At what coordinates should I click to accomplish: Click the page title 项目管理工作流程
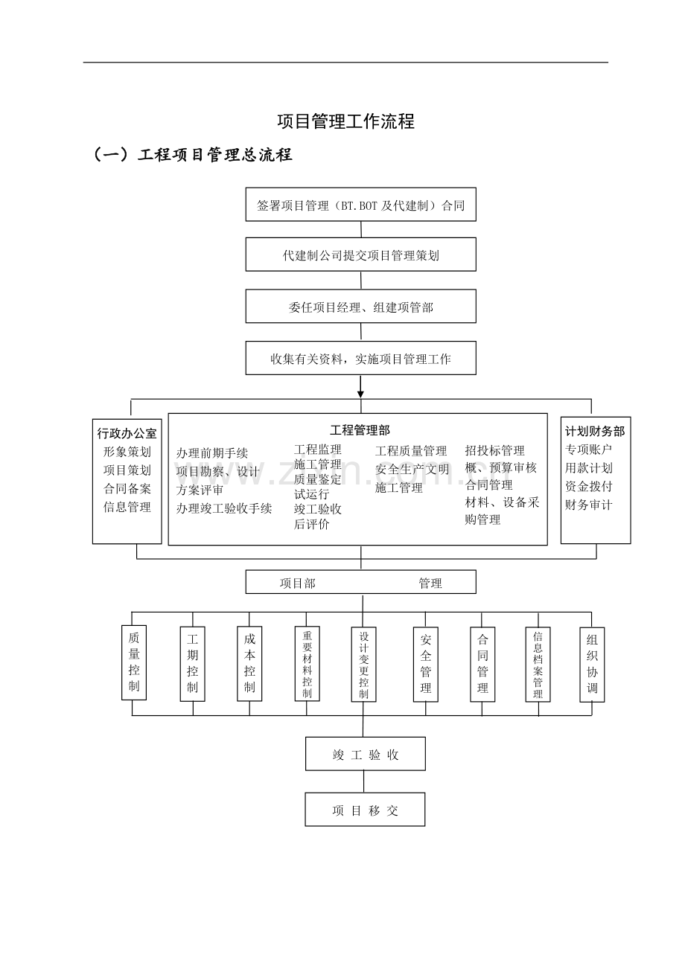(x=345, y=121)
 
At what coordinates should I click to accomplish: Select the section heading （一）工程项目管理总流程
(x=193, y=155)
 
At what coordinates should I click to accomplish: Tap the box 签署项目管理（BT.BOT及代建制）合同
(x=360, y=205)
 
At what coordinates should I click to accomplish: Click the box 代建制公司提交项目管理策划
(x=360, y=255)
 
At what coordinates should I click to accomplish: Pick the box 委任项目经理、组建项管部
(x=360, y=307)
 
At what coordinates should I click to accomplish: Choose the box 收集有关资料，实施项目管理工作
(x=360, y=359)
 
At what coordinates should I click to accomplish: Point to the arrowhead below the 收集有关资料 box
(x=360, y=392)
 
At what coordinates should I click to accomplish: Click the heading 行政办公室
(x=127, y=433)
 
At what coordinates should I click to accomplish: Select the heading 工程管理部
(x=360, y=430)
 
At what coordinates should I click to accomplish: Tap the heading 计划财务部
(x=595, y=431)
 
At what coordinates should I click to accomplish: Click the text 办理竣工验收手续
(x=224, y=508)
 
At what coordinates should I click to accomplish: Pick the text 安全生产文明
(x=412, y=469)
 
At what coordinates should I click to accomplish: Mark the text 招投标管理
(x=494, y=450)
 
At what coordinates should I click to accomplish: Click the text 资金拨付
(x=588, y=486)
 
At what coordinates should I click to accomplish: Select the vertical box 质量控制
(x=133, y=662)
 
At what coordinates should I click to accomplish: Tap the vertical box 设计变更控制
(x=363, y=665)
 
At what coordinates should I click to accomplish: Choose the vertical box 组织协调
(x=592, y=664)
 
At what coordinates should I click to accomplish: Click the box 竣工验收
(x=365, y=754)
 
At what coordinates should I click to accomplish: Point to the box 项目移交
(x=365, y=810)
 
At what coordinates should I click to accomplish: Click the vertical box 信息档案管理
(x=538, y=665)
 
